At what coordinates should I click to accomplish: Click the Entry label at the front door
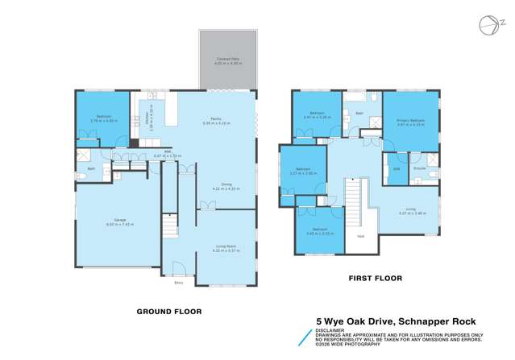[178, 283]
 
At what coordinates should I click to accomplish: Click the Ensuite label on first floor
[419, 168]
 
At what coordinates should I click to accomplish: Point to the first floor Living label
[411, 210]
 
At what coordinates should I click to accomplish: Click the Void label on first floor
[360, 235]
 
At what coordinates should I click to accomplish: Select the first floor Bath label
[359, 114]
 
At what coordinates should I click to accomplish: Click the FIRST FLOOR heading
[374, 278]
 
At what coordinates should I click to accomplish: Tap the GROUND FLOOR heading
[168, 311]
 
